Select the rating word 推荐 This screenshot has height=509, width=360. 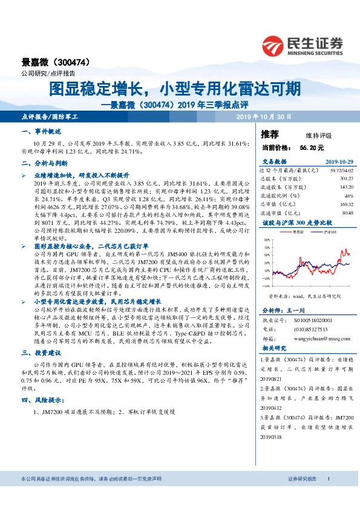(x=269, y=134)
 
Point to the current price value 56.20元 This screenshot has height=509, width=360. (x=312, y=147)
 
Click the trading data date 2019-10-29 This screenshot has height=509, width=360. (x=338, y=162)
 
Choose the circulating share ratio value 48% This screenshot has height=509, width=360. (x=349, y=195)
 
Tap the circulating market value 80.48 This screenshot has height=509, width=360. (x=347, y=212)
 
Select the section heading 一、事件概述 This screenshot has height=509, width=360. (x=41, y=131)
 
